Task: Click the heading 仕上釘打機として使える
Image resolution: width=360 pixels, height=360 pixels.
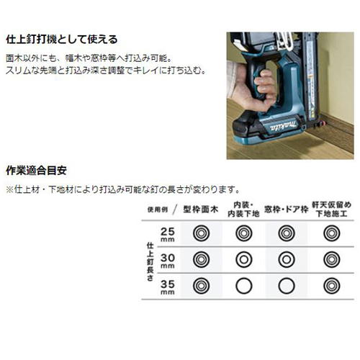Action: (x=62, y=40)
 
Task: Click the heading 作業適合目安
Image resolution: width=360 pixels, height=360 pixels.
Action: (x=36, y=171)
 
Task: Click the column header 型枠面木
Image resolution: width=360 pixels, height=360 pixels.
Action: (x=201, y=210)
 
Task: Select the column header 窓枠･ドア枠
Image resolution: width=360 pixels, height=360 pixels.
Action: (x=287, y=210)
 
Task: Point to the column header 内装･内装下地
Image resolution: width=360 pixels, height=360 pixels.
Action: (x=243, y=210)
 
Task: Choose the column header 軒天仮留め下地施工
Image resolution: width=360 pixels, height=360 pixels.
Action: (x=331, y=210)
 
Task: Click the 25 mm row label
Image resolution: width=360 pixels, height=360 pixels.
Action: (x=168, y=235)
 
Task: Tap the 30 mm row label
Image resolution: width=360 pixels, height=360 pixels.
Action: (x=168, y=261)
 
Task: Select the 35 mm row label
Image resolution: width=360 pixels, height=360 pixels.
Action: (x=168, y=287)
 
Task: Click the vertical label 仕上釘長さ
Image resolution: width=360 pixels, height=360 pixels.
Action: (x=150, y=261)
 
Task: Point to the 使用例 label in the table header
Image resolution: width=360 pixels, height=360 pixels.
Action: (x=158, y=210)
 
